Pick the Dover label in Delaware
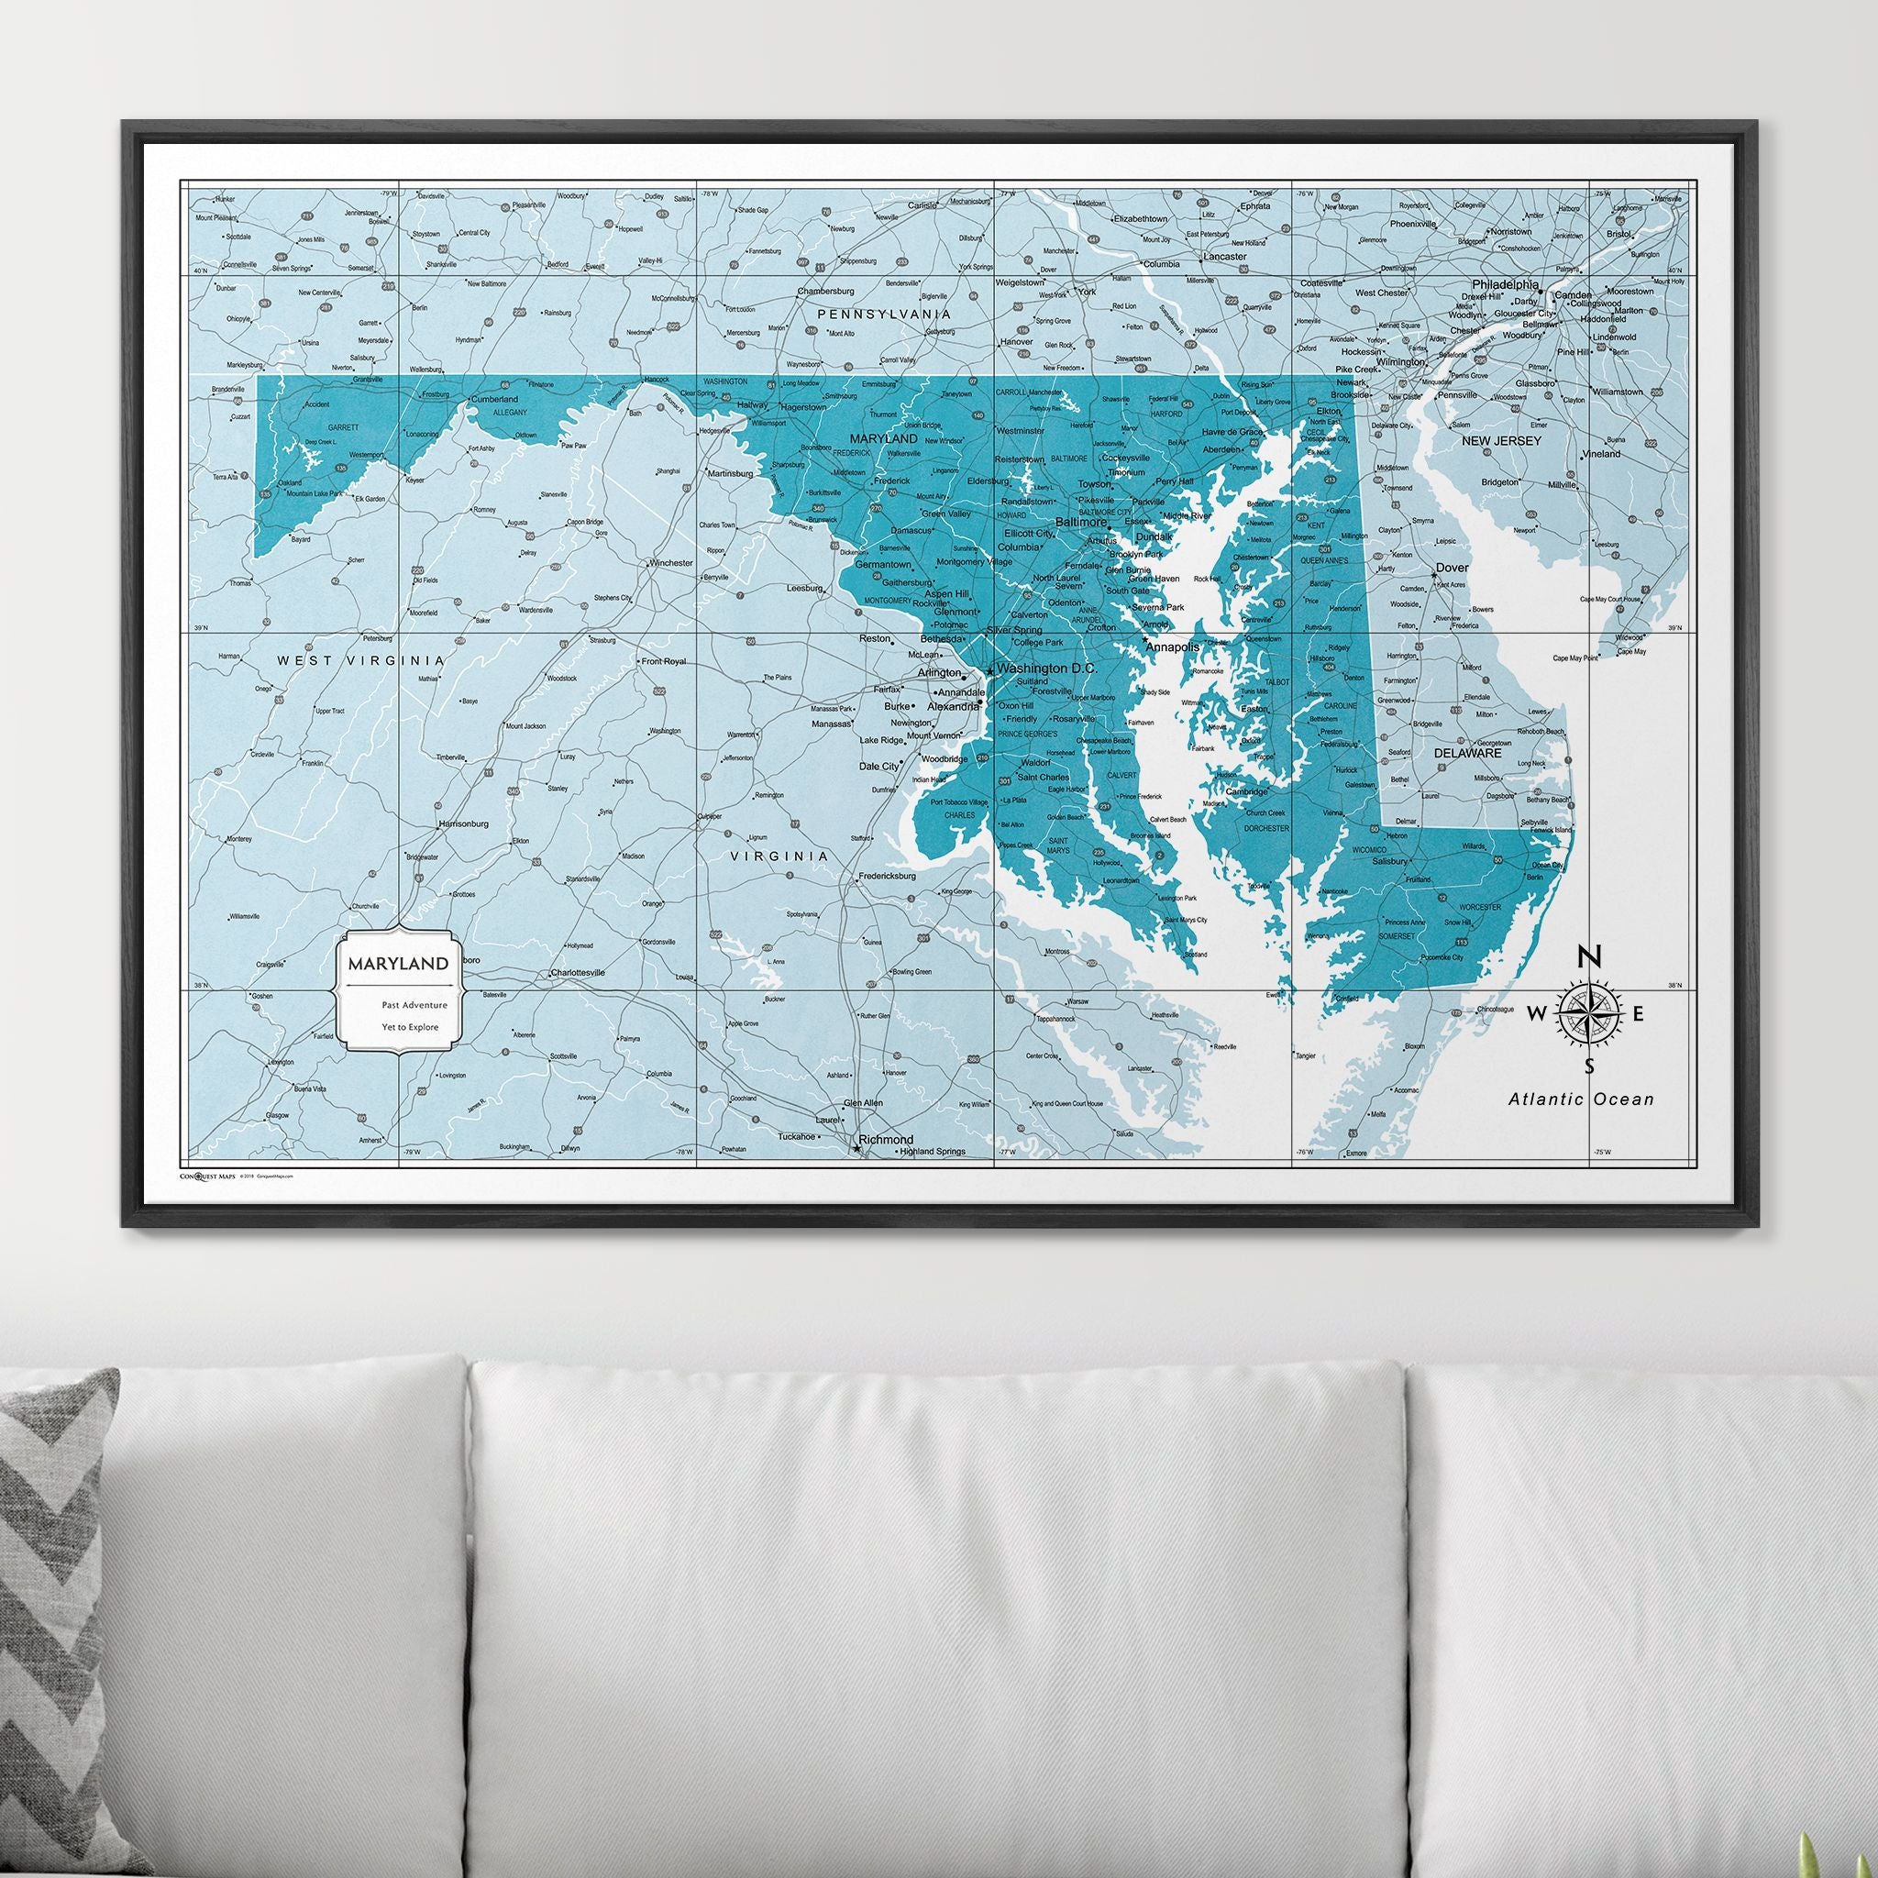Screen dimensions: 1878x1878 (x=1453, y=568)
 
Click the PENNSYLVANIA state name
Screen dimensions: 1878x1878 (x=883, y=314)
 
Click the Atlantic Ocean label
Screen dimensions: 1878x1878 (x=1581, y=1099)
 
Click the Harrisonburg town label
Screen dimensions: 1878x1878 (x=463, y=823)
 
